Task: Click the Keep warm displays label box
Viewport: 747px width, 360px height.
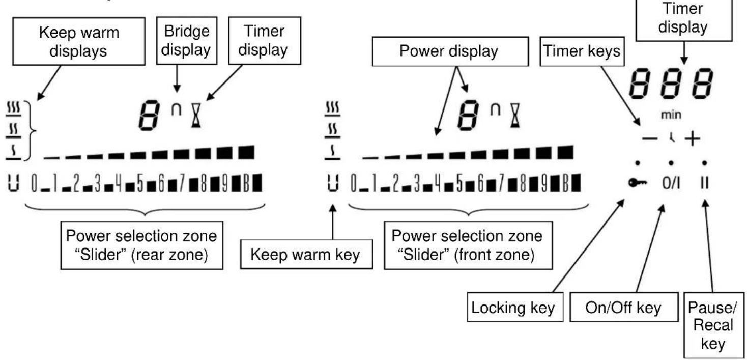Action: pos(79,41)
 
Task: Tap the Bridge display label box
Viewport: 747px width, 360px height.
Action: pos(187,40)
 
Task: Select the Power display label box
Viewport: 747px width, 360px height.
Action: pos(450,51)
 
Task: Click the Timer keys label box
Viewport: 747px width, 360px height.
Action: pos(582,51)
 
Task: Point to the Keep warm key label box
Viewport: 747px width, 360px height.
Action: pos(306,254)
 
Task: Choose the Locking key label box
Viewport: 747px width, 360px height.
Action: pos(515,307)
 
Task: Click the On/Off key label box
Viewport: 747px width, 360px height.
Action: pos(624,307)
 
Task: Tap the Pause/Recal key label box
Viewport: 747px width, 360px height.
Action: pos(713,325)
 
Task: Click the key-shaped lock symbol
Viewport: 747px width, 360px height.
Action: pos(638,183)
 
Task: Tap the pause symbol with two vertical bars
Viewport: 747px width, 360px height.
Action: pos(705,183)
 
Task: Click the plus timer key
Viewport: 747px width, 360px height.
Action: pos(693,139)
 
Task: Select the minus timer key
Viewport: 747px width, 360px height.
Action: pos(650,138)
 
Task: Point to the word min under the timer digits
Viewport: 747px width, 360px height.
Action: pos(671,115)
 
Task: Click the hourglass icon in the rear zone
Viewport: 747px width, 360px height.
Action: pos(196,115)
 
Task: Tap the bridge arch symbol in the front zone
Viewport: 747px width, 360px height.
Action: pos(496,110)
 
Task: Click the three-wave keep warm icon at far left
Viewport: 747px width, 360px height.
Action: pos(13,109)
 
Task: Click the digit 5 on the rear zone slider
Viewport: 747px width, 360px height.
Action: pos(140,183)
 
